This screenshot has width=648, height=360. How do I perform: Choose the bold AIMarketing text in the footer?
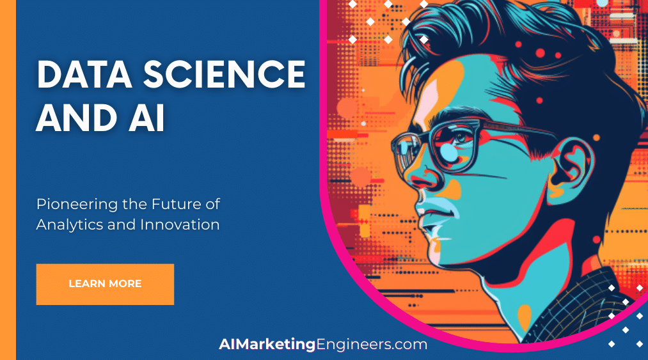[x=267, y=345]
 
